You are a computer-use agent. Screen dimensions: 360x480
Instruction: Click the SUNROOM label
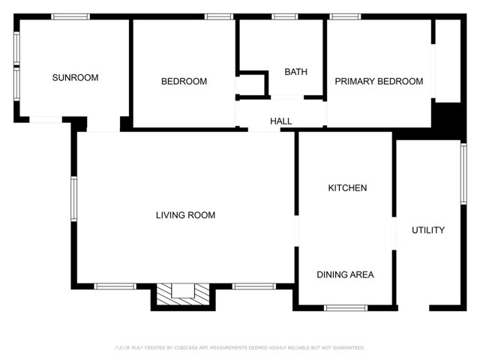pyautogui.click(x=75, y=77)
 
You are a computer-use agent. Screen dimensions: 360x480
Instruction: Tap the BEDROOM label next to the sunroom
pyautogui.click(x=184, y=81)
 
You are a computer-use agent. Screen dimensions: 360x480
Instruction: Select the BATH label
pyautogui.click(x=295, y=72)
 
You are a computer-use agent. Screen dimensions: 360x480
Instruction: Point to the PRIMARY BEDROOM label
pyautogui.click(x=379, y=81)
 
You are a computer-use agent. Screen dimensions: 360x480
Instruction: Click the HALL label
pyautogui.click(x=281, y=121)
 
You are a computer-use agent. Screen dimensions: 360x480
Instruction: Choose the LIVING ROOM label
pyautogui.click(x=185, y=215)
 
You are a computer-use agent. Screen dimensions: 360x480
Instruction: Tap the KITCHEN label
pyautogui.click(x=347, y=187)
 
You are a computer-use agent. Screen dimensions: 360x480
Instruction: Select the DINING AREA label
pyautogui.click(x=345, y=274)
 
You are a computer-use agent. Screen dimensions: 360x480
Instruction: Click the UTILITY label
pyautogui.click(x=428, y=230)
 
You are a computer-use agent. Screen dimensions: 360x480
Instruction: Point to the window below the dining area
pyautogui.click(x=346, y=307)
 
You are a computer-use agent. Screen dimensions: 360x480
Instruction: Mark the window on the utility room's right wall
pyautogui.click(x=463, y=173)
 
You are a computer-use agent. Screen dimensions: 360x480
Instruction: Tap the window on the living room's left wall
pyautogui.click(x=73, y=199)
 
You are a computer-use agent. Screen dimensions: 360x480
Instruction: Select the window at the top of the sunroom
pyautogui.click(x=70, y=16)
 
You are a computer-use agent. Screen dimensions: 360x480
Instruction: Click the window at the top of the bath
pyautogui.click(x=284, y=16)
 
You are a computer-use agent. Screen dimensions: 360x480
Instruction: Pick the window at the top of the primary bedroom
pyautogui.click(x=345, y=16)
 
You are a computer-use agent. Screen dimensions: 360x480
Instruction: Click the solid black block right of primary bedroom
pyautogui.click(x=449, y=118)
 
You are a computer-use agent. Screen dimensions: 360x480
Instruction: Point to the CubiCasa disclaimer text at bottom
pyautogui.click(x=240, y=348)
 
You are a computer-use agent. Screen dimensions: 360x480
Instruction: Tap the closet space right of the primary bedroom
pyautogui.click(x=448, y=60)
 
